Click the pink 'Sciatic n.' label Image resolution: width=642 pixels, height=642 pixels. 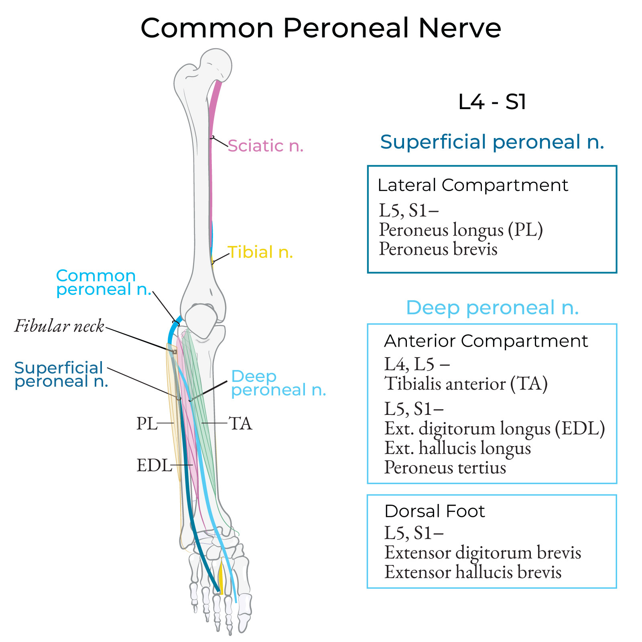[x=265, y=146]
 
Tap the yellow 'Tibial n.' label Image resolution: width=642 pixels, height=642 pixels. [x=260, y=252]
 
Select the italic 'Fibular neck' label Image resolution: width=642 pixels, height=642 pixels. [x=59, y=326]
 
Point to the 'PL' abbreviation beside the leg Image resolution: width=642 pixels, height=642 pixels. [x=146, y=423]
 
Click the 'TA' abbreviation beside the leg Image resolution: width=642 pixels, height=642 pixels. [x=240, y=423]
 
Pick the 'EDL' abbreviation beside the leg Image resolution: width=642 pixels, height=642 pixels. [x=154, y=465]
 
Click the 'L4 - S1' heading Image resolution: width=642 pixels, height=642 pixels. [x=492, y=102]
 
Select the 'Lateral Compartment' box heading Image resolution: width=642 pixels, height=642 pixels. [x=473, y=185]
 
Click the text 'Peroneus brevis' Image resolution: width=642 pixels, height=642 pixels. [x=438, y=249]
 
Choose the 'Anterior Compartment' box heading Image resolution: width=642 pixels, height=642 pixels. [x=486, y=341]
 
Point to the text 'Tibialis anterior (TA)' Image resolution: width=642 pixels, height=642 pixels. [x=466, y=384]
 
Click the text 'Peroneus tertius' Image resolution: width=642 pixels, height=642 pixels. [x=445, y=467]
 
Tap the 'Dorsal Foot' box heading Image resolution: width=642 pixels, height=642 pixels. [x=435, y=511]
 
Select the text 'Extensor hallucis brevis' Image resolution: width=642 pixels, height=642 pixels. [x=473, y=572]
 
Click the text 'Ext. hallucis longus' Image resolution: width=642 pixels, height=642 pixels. [x=457, y=448]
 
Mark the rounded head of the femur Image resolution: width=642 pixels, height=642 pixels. [x=217, y=64]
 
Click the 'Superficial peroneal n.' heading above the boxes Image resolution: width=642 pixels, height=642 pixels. [x=492, y=142]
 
